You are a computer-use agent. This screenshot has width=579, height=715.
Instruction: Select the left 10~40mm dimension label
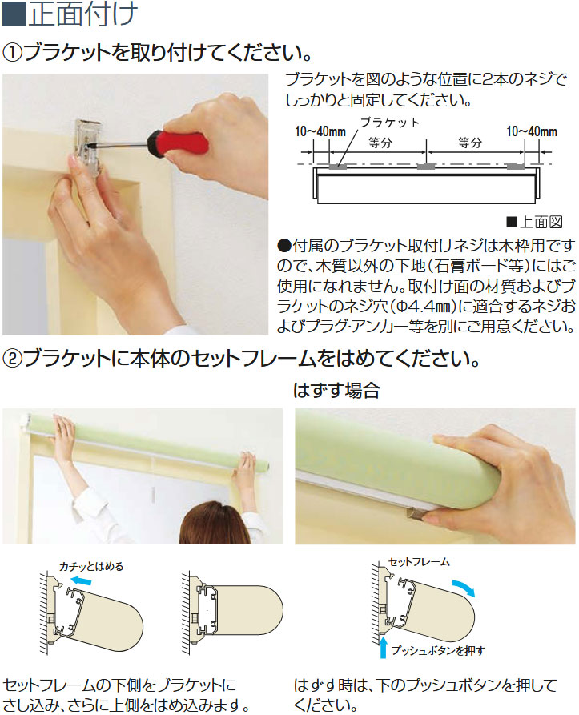click(x=320, y=132)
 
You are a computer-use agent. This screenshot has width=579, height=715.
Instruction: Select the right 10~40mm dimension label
click(x=532, y=132)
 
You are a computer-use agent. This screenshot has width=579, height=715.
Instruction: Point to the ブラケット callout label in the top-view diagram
click(x=390, y=123)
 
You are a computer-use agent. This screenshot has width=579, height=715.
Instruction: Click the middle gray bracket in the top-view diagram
click(x=426, y=167)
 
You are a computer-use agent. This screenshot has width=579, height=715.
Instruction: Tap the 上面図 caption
click(x=541, y=222)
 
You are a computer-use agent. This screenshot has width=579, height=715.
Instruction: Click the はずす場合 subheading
click(x=336, y=391)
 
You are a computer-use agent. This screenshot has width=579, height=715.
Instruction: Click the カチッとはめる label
click(x=91, y=566)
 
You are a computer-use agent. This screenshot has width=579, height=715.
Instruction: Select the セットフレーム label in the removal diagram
click(x=419, y=562)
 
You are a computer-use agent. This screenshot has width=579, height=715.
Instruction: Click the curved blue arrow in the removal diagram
click(x=465, y=588)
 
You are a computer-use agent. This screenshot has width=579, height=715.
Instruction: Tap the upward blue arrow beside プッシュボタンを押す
click(x=383, y=648)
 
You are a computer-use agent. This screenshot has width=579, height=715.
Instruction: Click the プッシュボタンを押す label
click(x=438, y=651)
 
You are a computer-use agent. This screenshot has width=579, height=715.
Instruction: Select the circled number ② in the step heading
click(x=12, y=360)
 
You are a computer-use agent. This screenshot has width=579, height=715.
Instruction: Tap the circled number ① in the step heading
click(x=12, y=54)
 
